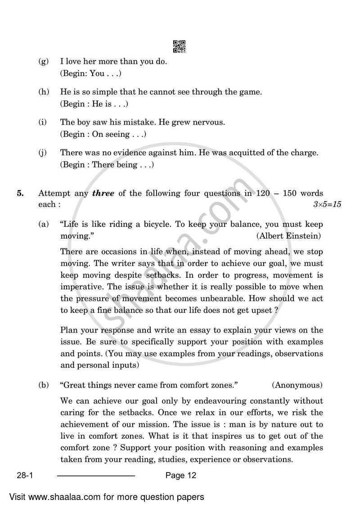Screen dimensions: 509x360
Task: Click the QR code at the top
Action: (x=179, y=47)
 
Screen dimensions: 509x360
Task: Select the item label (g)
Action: (x=44, y=62)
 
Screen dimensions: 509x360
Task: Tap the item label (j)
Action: (x=44, y=153)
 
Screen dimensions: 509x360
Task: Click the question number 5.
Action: (x=20, y=194)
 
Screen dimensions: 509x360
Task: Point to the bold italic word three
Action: (x=103, y=194)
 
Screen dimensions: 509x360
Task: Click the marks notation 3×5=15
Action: (x=327, y=204)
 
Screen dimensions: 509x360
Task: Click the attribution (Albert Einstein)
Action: (x=288, y=235)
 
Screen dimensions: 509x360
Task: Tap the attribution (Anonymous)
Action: (x=297, y=385)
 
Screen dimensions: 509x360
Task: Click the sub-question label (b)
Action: (x=44, y=385)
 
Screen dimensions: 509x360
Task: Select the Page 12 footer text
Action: (x=180, y=476)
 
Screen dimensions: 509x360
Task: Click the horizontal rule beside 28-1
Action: (x=96, y=476)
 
